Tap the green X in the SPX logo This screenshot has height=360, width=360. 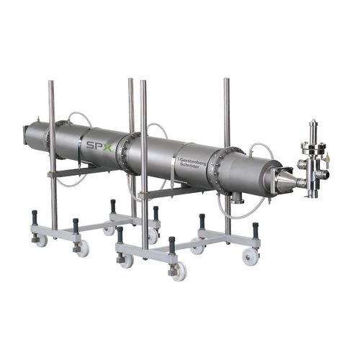tap(107, 147)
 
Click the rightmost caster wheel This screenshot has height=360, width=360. tap(251, 256)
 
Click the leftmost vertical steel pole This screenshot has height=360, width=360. tap(52, 155)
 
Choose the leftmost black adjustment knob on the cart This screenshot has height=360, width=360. tap(34, 217)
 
